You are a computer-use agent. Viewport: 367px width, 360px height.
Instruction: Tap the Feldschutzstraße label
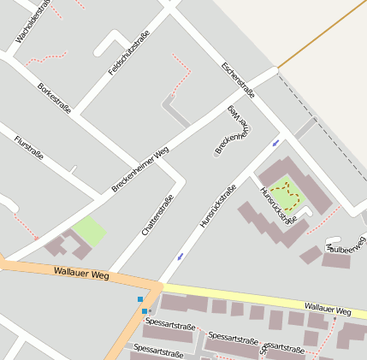[x=129, y=52]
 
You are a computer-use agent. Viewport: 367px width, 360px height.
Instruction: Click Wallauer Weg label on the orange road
[x=80, y=274]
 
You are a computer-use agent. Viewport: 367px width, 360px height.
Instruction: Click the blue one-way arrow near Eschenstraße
[x=275, y=142]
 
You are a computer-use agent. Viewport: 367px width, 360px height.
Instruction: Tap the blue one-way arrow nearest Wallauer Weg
[x=180, y=256]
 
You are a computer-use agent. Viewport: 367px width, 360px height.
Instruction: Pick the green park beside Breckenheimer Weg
[x=89, y=230]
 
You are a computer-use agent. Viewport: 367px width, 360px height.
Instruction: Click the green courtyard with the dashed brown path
[x=287, y=195]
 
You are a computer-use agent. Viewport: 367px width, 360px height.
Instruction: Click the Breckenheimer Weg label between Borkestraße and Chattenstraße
[x=140, y=168]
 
